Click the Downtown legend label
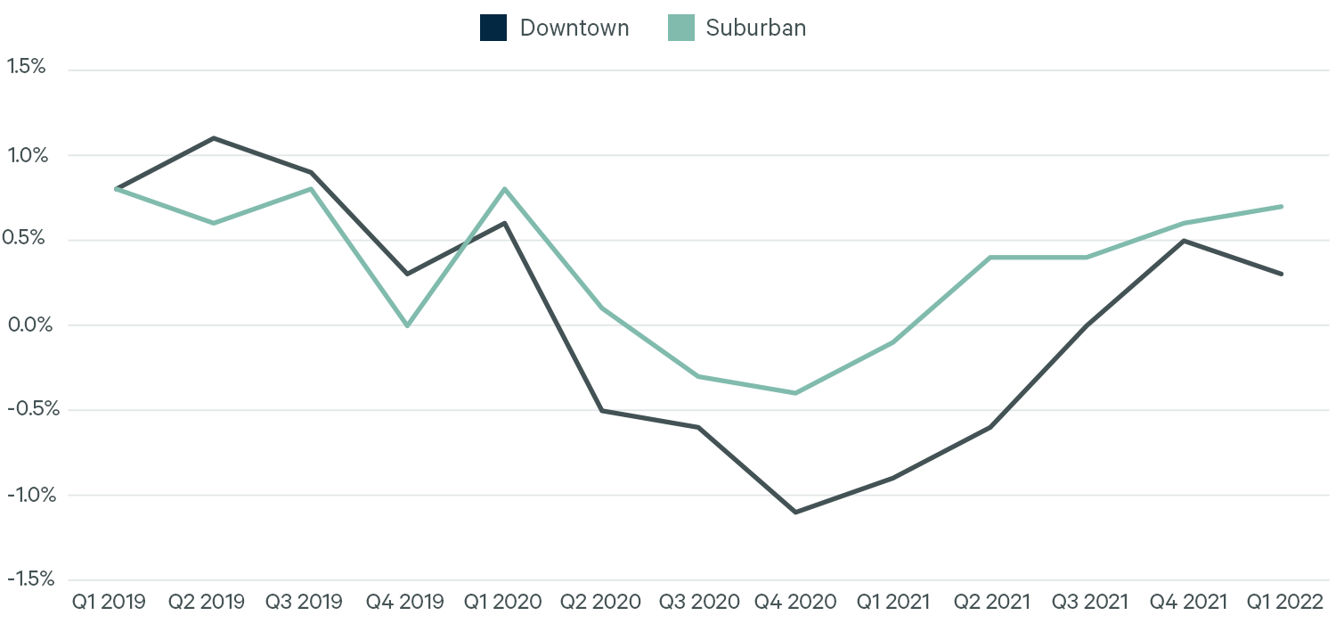click(x=574, y=28)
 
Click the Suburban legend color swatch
click(x=680, y=28)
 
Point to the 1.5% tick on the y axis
click(x=26, y=67)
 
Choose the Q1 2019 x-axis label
click(x=108, y=603)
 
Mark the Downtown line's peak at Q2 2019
click(x=214, y=138)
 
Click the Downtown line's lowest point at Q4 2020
click(x=794, y=512)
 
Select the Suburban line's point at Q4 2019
click(x=407, y=325)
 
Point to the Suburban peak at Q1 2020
click(x=505, y=189)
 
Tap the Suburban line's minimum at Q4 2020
click(x=794, y=393)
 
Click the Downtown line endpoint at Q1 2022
click(x=1282, y=274)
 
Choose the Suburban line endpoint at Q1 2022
click(x=1282, y=206)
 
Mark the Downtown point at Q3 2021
click(x=1087, y=325)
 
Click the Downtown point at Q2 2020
click(x=602, y=410)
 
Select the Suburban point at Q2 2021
click(x=990, y=258)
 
